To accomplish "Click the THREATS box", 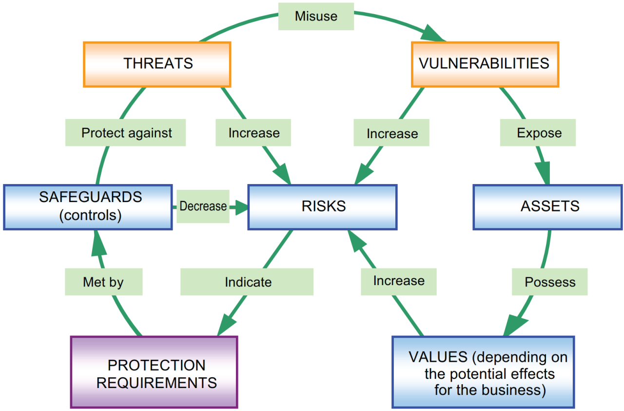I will coord(157,64).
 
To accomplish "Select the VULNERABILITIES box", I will coord(485,64).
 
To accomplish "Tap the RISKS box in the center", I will coord(322,206).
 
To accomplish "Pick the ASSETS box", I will coord(548,206).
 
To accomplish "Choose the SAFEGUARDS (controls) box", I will coord(88,206).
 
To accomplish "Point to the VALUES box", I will coord(483,372).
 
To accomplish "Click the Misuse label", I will coord(316,16).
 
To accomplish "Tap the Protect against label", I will coord(126,133).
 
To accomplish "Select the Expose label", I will coord(538,133).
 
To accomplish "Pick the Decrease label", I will coord(203,206).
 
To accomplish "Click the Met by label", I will coord(103,282).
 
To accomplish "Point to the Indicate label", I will coord(247,282).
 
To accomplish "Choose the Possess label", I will coord(549,282).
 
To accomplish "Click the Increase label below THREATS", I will coord(253,133).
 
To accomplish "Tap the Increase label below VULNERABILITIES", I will coord(391,134).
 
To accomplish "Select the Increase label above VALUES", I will coord(398,281).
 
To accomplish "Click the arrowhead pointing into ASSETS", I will coord(543,174).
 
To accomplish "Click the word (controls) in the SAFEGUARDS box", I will coord(90,215).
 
